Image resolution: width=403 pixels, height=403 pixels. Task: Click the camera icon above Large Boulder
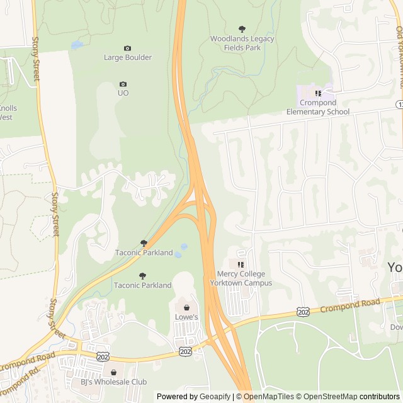[128, 48]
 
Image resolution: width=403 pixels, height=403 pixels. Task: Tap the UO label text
[123, 93]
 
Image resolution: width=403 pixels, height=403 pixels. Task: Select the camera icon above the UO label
[123, 84]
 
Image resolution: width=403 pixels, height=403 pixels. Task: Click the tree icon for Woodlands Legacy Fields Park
[242, 29]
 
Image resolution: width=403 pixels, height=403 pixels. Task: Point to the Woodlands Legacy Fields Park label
[242, 43]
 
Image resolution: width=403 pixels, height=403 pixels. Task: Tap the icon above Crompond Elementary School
[318, 93]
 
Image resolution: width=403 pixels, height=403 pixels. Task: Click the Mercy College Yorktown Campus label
[244, 278]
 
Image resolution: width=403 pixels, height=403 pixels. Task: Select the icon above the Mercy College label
[240, 264]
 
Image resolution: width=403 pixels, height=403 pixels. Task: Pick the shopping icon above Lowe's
[186, 307]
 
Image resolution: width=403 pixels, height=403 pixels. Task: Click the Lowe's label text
[186, 317]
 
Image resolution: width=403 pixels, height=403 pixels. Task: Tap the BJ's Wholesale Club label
[113, 382]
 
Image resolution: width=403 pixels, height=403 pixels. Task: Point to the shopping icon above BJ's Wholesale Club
[113, 372]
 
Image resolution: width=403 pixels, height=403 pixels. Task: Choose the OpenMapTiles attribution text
[268, 397]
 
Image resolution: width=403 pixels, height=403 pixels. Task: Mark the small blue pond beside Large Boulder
[77, 45]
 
